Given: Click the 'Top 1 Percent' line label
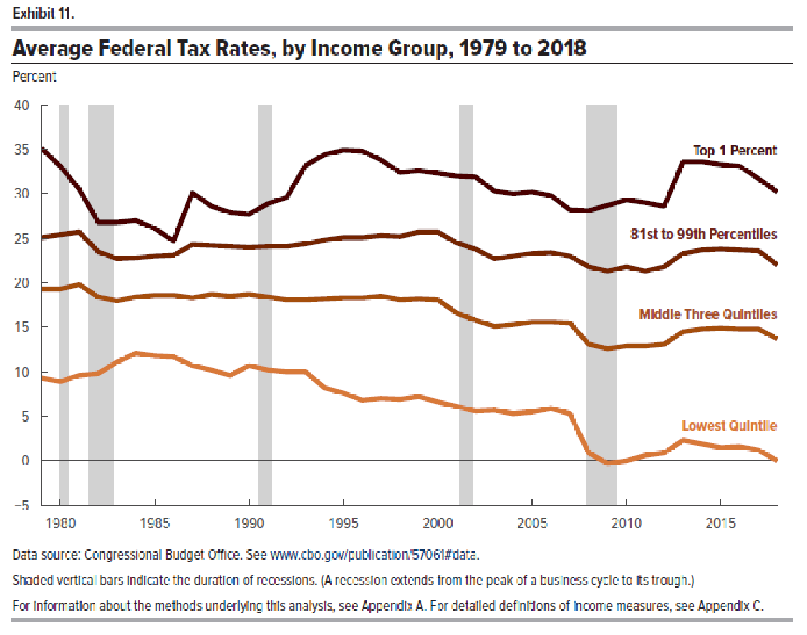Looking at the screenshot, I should coord(735,151).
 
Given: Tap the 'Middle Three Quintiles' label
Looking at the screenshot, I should coord(708,314).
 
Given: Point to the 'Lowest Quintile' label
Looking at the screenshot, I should coord(729,426).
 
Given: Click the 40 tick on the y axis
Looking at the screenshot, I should coord(22,105).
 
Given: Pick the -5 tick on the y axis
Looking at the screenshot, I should coord(24,505).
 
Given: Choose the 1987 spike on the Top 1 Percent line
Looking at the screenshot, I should coord(192,193).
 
